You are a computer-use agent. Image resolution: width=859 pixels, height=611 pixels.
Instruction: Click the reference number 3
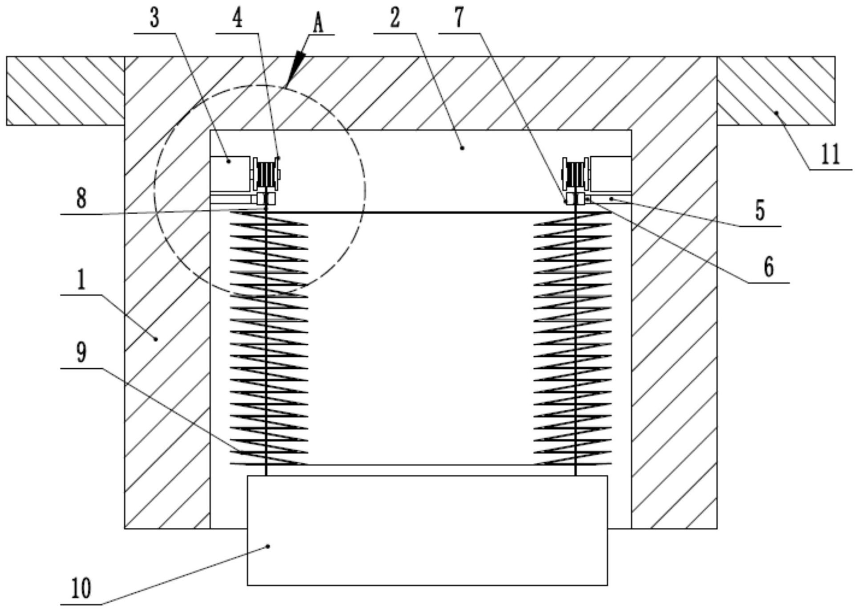click(154, 19)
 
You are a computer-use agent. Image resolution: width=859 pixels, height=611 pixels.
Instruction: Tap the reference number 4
click(238, 19)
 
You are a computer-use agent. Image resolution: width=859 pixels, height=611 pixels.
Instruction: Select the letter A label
click(318, 23)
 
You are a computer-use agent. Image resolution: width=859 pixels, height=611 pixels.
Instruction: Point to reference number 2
click(395, 19)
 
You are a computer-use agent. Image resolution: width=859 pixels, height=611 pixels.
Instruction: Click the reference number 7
click(459, 18)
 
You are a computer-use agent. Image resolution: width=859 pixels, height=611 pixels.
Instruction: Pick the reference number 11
click(830, 155)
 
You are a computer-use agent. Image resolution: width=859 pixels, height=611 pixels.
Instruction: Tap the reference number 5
click(760, 211)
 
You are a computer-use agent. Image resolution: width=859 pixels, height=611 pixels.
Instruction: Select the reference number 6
click(768, 267)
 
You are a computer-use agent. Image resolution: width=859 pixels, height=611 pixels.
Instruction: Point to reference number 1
click(81, 281)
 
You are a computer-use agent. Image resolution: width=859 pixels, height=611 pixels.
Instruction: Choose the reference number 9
click(81, 353)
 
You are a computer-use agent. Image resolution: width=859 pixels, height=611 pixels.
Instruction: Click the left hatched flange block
click(65, 90)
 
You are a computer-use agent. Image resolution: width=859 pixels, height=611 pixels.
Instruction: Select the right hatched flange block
click(776, 90)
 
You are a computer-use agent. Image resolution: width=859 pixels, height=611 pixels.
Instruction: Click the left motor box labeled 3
click(230, 174)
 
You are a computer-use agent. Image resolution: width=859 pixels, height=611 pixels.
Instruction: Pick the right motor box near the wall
click(611, 174)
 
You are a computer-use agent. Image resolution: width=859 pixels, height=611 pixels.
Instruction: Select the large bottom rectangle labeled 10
click(427, 530)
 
